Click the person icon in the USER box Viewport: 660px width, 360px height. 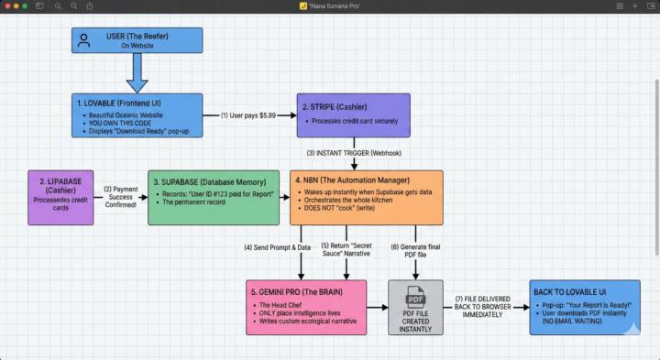tap(84, 40)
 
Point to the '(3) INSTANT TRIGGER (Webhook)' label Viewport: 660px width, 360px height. tap(354, 153)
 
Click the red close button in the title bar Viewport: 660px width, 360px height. tap(7, 5)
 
